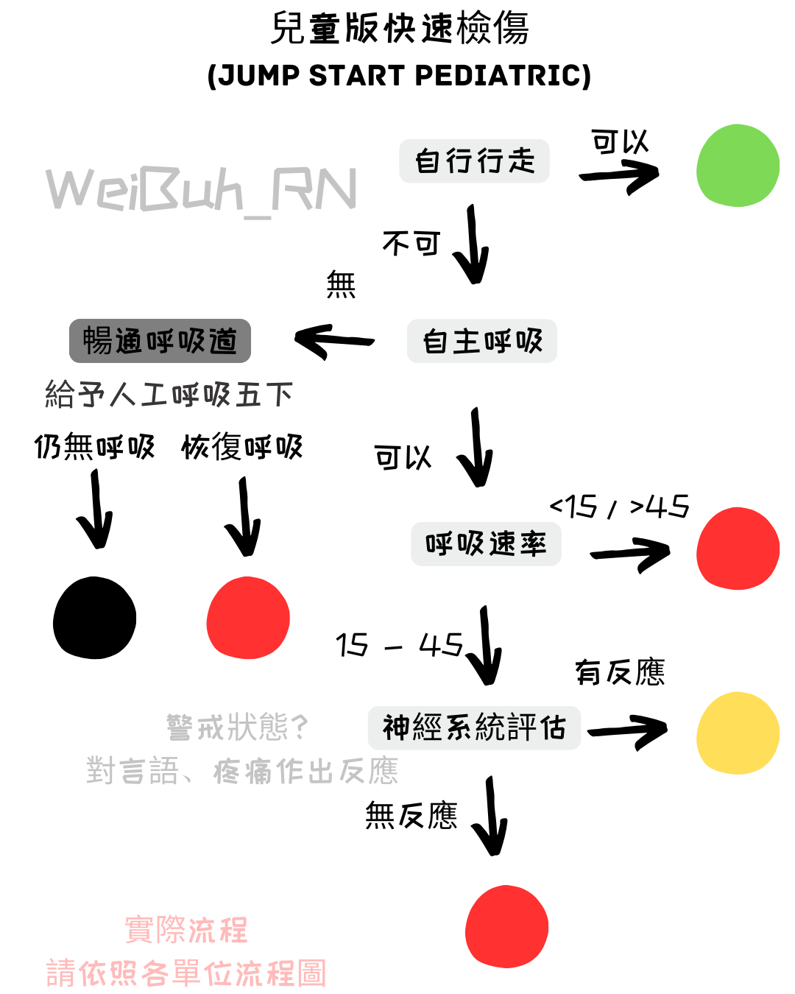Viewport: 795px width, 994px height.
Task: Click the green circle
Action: click(x=738, y=166)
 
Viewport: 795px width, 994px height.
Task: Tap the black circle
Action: click(x=94, y=618)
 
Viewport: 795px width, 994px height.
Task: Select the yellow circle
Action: click(x=738, y=733)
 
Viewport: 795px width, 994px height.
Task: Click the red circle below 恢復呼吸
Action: click(x=248, y=618)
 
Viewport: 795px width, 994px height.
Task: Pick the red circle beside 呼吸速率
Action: click(x=738, y=549)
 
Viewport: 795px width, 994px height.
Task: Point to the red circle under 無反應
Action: click(x=506, y=926)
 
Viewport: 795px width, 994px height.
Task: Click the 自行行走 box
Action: click(x=474, y=161)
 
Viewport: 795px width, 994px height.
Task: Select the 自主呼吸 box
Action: click(x=482, y=341)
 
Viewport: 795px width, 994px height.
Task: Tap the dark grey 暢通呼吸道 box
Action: click(x=160, y=341)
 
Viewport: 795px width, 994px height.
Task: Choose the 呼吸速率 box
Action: click(x=486, y=544)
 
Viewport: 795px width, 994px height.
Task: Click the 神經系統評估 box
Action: click(x=474, y=727)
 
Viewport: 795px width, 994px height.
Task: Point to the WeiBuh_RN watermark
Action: click(x=201, y=191)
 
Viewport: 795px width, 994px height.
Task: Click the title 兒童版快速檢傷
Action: click(x=400, y=29)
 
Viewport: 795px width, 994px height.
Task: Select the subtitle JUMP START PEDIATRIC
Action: click(x=399, y=76)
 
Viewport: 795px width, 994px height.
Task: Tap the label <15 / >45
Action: click(x=619, y=507)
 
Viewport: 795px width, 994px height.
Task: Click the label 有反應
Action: click(x=620, y=672)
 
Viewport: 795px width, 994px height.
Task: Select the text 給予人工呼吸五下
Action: click(x=169, y=395)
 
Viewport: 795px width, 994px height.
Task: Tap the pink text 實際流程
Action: click(x=186, y=929)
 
